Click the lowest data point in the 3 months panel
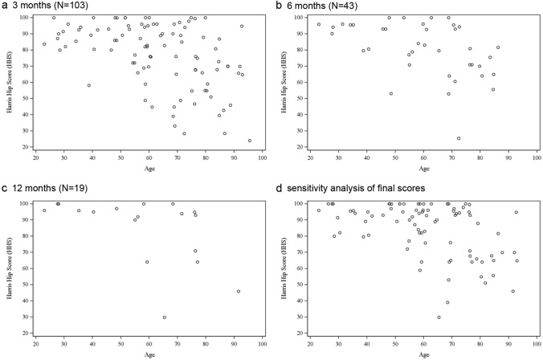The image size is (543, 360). point(250,141)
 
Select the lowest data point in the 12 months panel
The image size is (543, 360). point(165,317)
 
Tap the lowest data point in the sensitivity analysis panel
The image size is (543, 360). point(439,317)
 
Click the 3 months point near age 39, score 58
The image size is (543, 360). point(89,85)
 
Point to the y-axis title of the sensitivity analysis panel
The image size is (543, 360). point(283,265)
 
